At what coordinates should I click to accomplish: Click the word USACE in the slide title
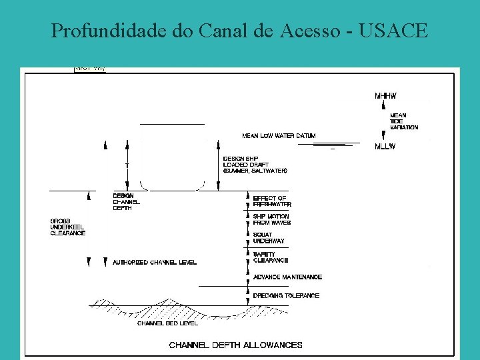pos(393,31)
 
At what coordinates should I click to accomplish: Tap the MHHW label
pos(385,96)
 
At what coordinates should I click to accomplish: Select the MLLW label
pos(386,145)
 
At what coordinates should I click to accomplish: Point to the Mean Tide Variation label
pos(404,121)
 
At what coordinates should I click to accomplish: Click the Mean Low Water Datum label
pos(279,136)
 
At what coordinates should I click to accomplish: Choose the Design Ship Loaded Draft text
pos(255,165)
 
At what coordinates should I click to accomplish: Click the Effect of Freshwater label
pos(271,201)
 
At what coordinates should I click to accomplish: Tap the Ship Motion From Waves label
pos(271,219)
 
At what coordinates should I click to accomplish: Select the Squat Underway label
pos(269,238)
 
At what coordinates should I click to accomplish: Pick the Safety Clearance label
pos(270,257)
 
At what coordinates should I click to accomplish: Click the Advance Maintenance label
pos(287,277)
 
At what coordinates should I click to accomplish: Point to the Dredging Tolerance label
pos(286,295)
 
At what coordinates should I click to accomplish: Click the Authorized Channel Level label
pos(155,263)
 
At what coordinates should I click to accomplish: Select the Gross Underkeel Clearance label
pos(68,227)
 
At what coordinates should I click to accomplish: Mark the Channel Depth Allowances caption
pos(235,345)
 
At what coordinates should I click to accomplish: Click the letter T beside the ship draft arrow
pos(127,164)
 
